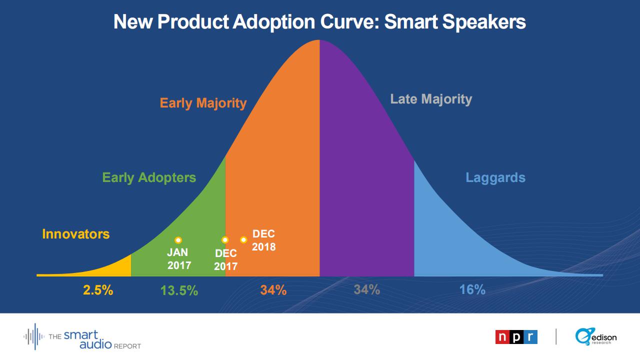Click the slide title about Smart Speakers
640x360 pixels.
319,22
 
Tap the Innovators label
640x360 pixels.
75,234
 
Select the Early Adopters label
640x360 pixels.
149,177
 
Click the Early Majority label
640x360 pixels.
203,103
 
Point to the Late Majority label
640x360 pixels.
431,99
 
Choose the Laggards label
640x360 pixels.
495,177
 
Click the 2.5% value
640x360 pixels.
98,290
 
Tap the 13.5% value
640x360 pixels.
179,290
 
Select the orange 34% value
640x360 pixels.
273,290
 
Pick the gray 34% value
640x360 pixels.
366,289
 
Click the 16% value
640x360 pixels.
472,290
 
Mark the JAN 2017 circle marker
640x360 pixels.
178,240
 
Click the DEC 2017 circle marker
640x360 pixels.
225,240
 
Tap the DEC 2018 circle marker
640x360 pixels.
243,240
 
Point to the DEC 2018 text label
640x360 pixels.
263,240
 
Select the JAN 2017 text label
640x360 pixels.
179,259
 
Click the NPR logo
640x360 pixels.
516,337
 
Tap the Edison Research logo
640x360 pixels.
596,337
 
